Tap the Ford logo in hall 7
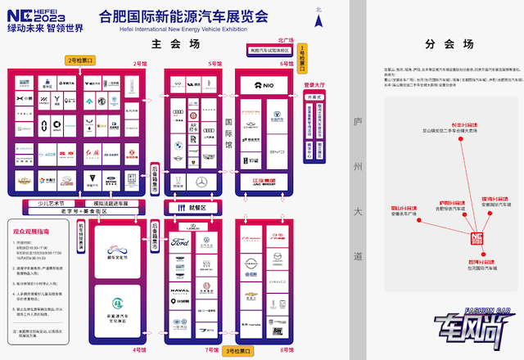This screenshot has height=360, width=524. point(180,243)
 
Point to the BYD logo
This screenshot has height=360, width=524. point(278,151)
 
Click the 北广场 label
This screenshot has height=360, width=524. point(286,39)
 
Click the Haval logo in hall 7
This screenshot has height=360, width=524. point(180,290)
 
